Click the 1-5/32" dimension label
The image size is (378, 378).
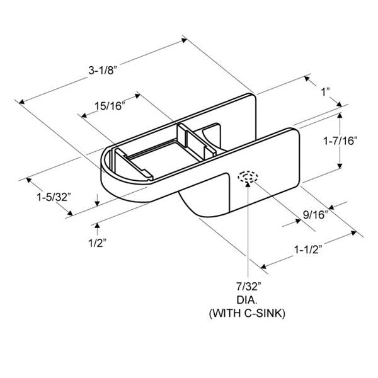click(x=53, y=197)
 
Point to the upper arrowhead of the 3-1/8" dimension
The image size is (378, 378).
click(x=184, y=40)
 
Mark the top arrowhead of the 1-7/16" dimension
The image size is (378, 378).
click(x=340, y=116)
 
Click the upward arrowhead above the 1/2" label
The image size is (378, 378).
click(x=98, y=224)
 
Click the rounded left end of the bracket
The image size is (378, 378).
click(x=107, y=173)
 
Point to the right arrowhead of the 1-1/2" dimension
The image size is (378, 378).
click(x=348, y=236)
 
